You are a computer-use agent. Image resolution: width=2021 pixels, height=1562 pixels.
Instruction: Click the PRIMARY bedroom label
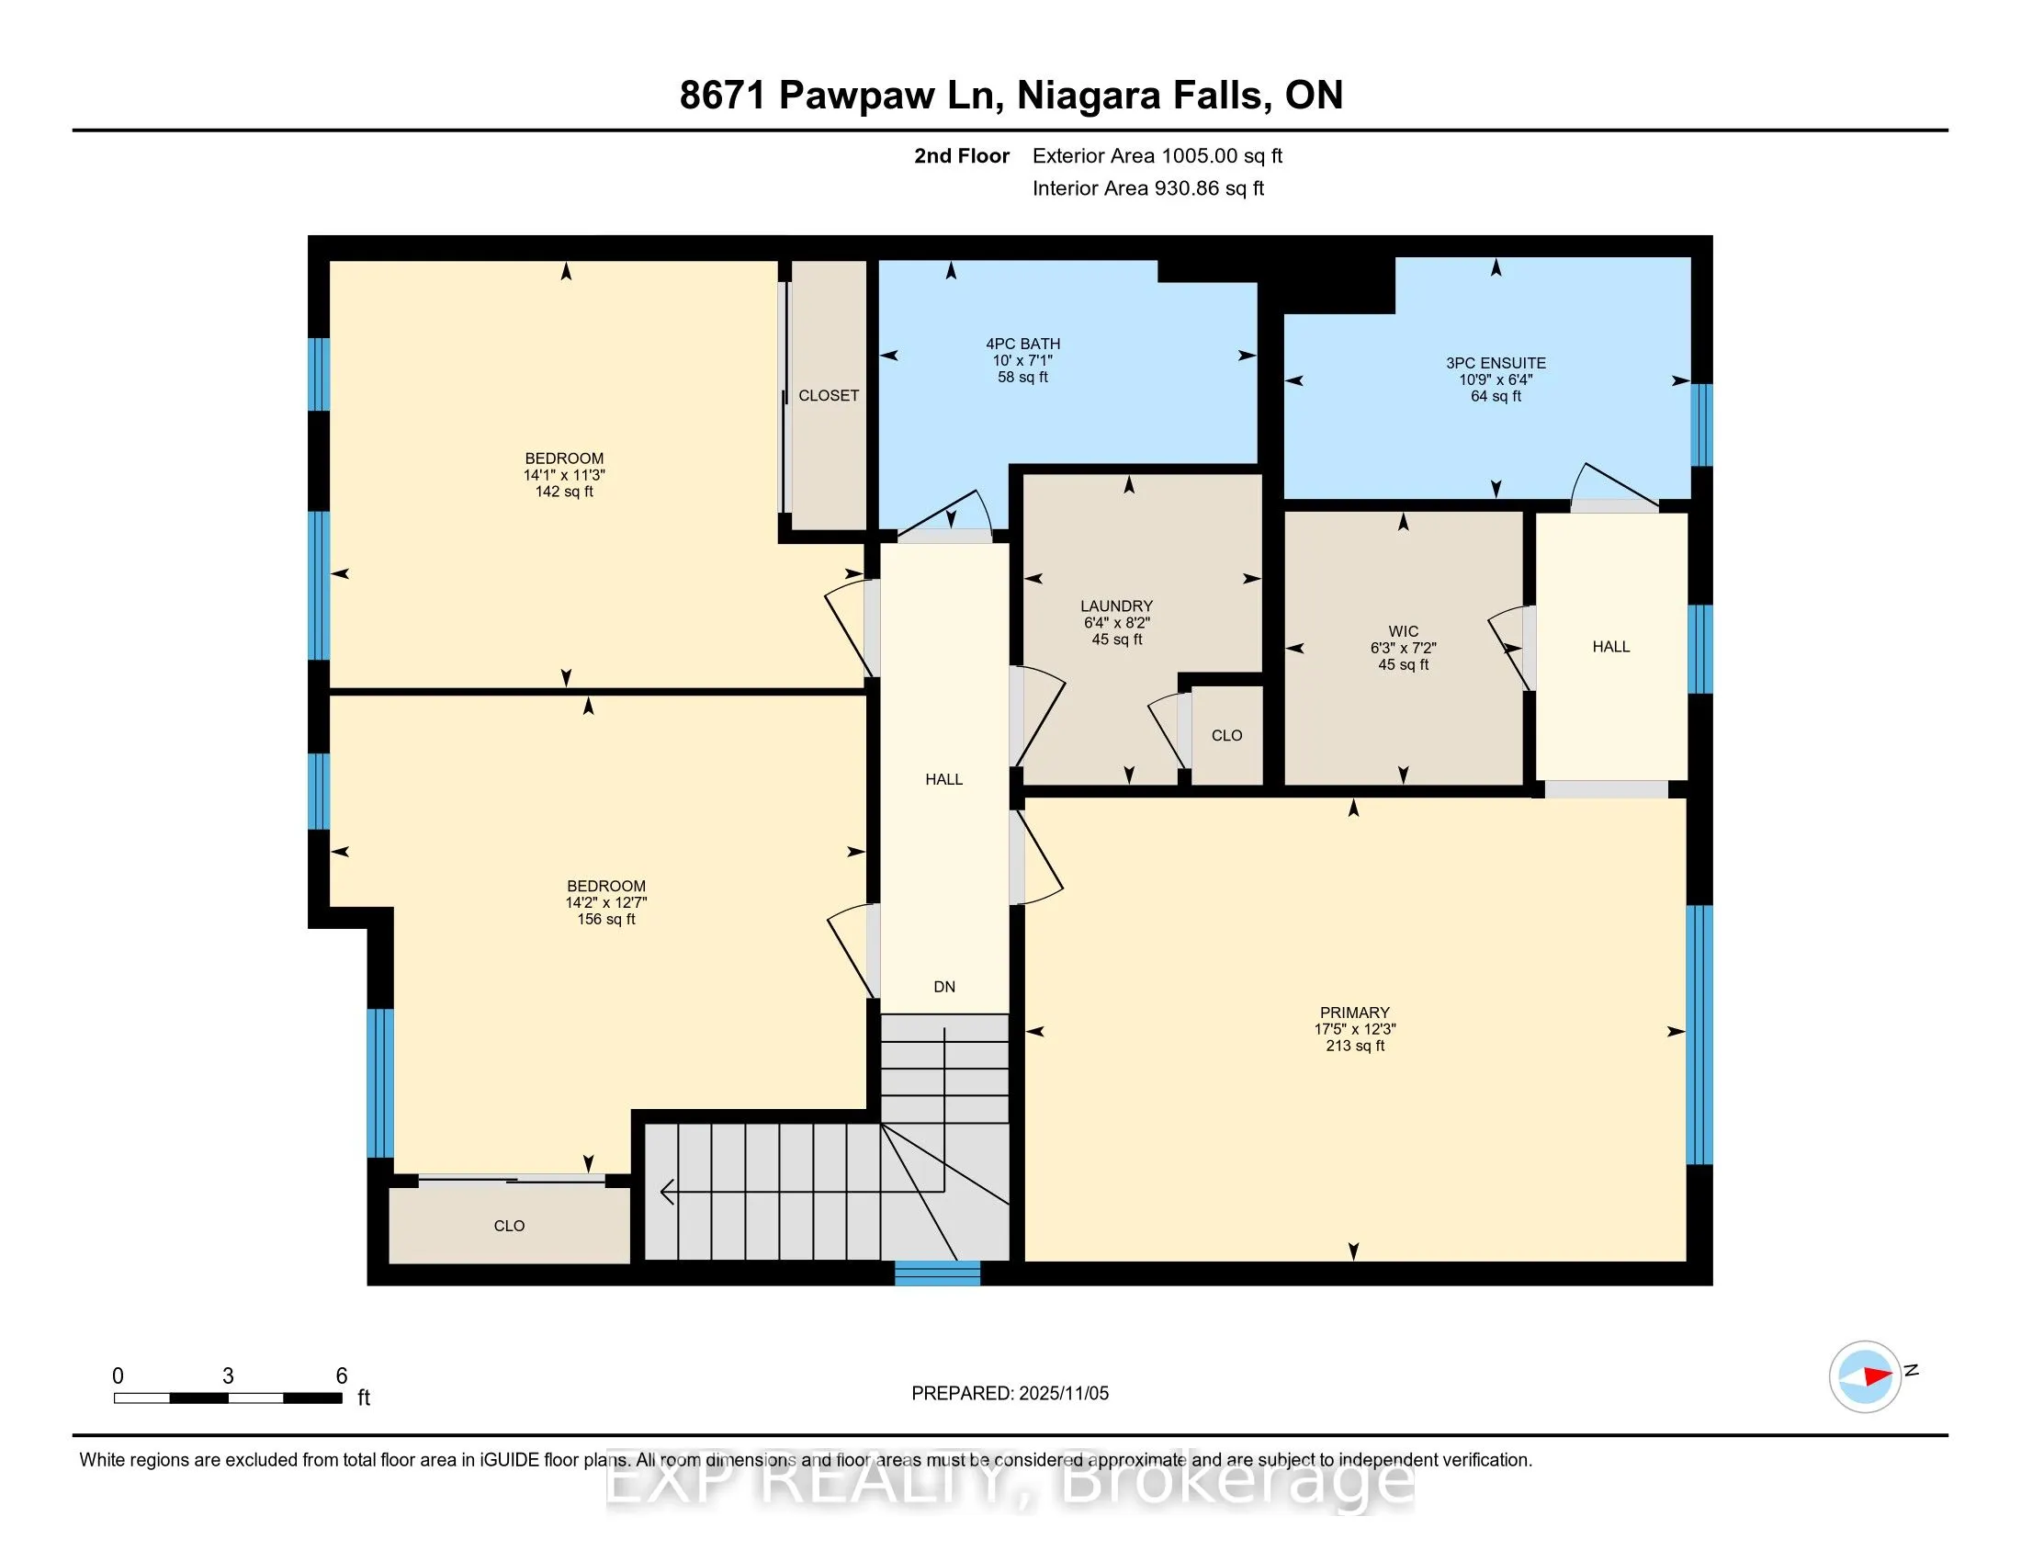pyautogui.click(x=1355, y=1013)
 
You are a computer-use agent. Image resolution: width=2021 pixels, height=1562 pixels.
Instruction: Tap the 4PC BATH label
pyautogui.click(x=1022, y=344)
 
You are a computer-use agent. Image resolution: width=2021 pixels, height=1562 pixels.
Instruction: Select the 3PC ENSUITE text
pyautogui.click(x=1496, y=363)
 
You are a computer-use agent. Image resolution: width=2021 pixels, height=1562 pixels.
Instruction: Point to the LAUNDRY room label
pyautogui.click(x=1117, y=606)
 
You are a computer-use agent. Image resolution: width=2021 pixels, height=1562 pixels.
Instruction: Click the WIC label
pyautogui.click(x=1403, y=631)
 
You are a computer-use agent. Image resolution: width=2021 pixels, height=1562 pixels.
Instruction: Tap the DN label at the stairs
pyautogui.click(x=943, y=987)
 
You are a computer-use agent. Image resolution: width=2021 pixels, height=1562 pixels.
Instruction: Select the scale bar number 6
pyautogui.click(x=342, y=1376)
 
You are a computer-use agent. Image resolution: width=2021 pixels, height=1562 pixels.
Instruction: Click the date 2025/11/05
pyautogui.click(x=1063, y=1394)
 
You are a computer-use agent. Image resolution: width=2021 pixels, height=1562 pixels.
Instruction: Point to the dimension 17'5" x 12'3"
pyautogui.click(x=1355, y=1029)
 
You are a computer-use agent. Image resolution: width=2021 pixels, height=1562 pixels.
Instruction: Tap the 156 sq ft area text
pyautogui.click(x=606, y=919)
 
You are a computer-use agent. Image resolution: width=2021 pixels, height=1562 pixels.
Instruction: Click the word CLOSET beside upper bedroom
pyautogui.click(x=829, y=395)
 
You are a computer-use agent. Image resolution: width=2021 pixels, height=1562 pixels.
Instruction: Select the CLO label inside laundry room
pyautogui.click(x=1226, y=735)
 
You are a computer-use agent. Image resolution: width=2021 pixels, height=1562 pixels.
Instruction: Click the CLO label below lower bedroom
pyautogui.click(x=509, y=1225)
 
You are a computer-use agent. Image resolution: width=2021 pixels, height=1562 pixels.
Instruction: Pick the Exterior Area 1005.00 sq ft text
pyautogui.click(x=1157, y=155)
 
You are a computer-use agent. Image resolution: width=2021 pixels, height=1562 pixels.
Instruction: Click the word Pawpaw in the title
pyautogui.click(x=856, y=96)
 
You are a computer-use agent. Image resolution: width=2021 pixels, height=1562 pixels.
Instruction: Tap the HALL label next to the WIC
pyautogui.click(x=1610, y=647)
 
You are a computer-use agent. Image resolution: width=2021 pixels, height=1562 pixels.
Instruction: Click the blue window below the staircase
pyautogui.click(x=936, y=1273)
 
